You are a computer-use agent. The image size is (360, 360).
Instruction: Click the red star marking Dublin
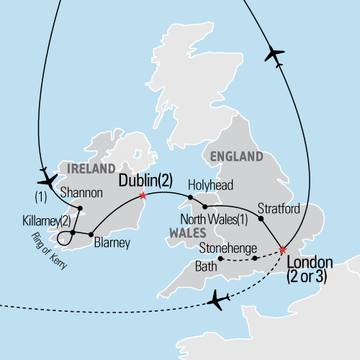(x=143, y=195)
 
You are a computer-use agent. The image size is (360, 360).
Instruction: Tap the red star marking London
(x=282, y=251)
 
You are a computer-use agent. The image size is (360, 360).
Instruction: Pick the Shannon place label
(x=81, y=193)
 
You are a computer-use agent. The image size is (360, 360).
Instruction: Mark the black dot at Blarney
(x=90, y=233)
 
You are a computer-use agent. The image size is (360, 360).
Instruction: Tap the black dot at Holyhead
(x=191, y=196)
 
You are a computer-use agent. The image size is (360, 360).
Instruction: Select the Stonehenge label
(x=230, y=248)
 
